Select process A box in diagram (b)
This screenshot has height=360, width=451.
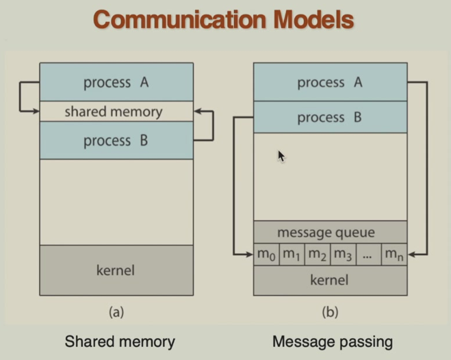(x=330, y=82)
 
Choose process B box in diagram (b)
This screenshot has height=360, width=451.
(x=330, y=118)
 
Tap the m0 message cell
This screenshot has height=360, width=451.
(x=266, y=255)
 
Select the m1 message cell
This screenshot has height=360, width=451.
(x=292, y=255)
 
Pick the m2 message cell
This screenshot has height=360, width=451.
(x=317, y=255)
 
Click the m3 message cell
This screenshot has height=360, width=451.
(x=342, y=255)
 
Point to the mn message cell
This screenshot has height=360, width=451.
(x=394, y=255)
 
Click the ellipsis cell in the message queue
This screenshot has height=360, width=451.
(x=368, y=255)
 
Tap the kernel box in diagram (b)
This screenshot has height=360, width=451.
(x=330, y=280)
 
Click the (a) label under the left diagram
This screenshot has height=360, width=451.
(x=116, y=312)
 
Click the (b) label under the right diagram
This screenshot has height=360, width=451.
(x=330, y=312)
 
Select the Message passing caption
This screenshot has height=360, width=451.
(x=333, y=341)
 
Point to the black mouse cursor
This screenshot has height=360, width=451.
(x=281, y=156)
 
